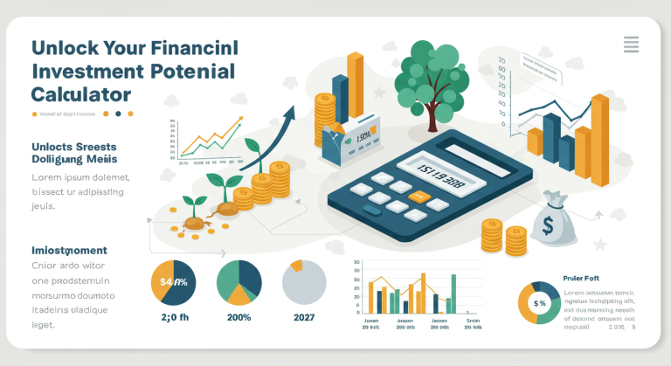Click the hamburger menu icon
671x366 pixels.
(631, 44)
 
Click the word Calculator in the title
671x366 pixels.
(80, 93)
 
